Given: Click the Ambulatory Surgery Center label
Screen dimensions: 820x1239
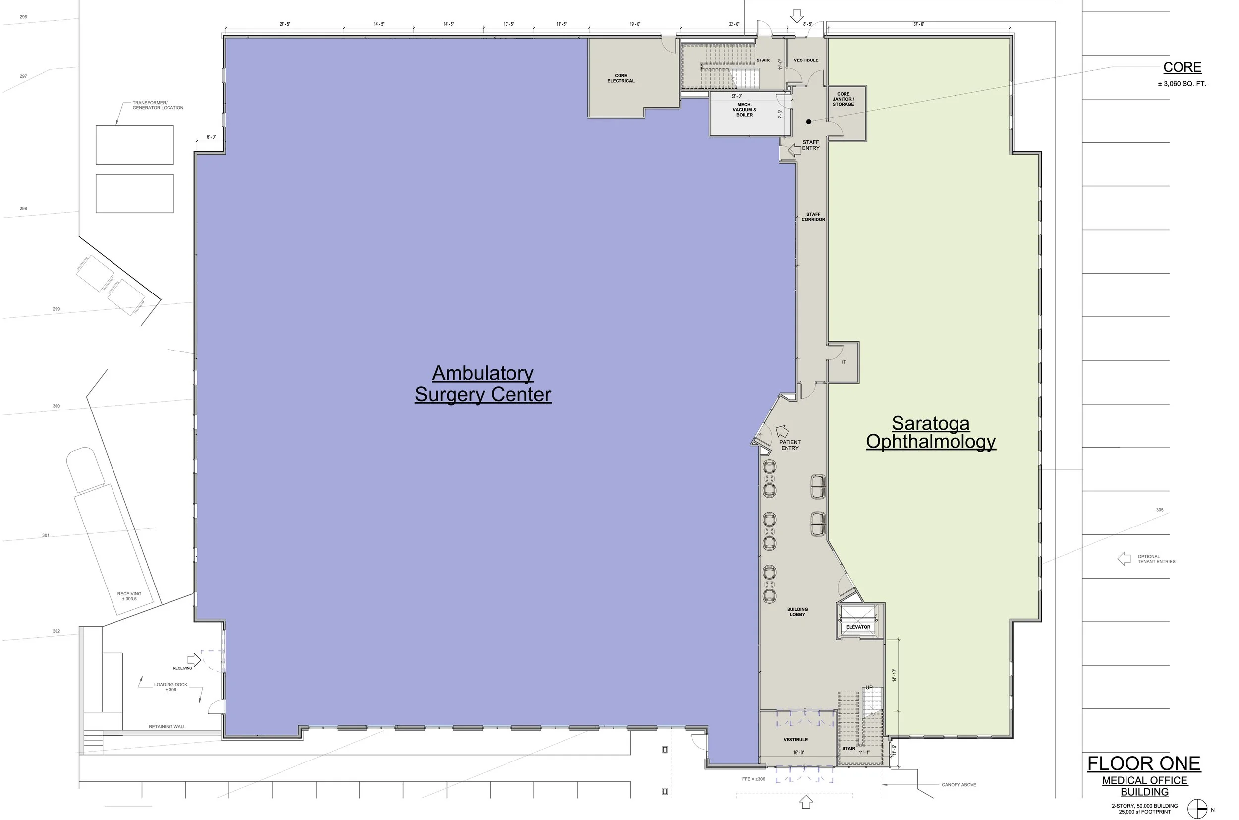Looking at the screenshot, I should [483, 384].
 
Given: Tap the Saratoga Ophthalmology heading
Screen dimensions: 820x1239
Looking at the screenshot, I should [931, 432].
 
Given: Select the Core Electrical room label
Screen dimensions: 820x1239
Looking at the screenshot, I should [620, 78].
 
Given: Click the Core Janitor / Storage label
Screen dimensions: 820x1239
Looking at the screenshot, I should [843, 99].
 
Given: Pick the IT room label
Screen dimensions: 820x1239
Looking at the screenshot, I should [843, 362].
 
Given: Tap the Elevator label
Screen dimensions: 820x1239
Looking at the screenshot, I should [858, 627].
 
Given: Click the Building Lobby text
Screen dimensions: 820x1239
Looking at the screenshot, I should [797, 612].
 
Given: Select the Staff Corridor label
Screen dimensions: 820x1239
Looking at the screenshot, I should [813, 217].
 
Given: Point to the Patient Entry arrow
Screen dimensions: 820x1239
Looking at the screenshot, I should [782, 431].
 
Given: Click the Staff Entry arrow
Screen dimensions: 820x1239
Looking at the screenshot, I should [794, 151].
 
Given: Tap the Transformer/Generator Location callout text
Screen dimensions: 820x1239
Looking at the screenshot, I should [158, 105].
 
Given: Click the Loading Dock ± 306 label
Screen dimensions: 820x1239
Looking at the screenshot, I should [170, 687].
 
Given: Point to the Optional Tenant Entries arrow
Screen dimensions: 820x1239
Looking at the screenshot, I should [1124, 559].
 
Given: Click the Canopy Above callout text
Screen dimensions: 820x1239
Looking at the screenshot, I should [959, 785].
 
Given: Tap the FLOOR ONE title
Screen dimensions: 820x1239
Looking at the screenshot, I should [1144, 764].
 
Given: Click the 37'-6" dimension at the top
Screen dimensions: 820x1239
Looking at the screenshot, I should [918, 24].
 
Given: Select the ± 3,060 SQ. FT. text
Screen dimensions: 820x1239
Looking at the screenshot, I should [1182, 84].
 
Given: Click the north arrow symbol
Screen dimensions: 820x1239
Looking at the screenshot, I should [1197, 809].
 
